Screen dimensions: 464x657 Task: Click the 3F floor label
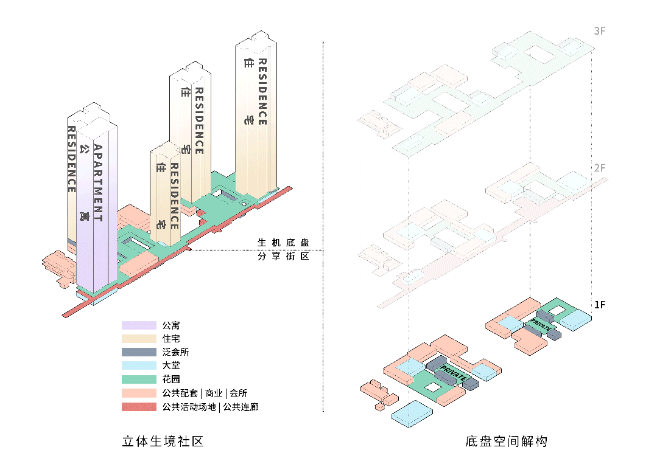pos(600,31)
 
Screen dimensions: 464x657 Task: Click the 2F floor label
pos(600,168)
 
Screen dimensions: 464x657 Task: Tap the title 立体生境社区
pos(163,441)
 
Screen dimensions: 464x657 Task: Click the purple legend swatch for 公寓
pos(139,325)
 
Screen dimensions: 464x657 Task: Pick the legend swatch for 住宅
pos(139,339)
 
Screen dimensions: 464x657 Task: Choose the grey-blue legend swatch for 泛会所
pos(139,352)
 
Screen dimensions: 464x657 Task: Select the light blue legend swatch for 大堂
pos(139,366)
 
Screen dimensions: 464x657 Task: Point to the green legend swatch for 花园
pos(139,379)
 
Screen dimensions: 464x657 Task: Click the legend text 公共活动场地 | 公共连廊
pos(210,407)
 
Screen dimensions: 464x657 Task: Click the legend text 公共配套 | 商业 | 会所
pos(205,393)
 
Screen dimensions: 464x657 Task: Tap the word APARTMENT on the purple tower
pos(98,182)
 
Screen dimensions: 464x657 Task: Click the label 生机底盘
pos(283,243)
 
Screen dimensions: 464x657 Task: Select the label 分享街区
pos(283,257)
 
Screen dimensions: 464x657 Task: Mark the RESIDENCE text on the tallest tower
pos(262,92)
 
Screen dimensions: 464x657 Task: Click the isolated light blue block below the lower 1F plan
pos(412,416)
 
